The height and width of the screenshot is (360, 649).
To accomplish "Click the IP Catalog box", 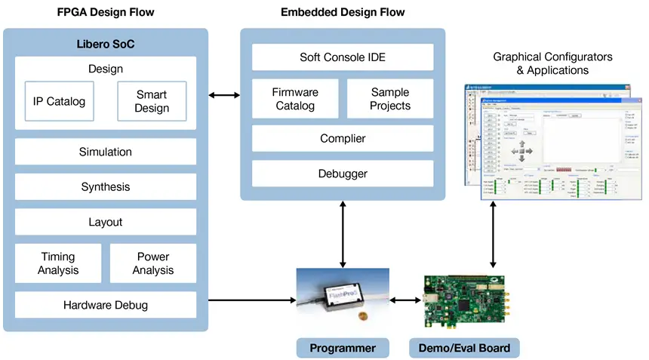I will pyautogui.click(x=59, y=101).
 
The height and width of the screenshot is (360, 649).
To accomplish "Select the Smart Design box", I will pyautogui.click(x=152, y=101).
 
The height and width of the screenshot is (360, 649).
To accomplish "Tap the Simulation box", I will pyautogui.click(x=106, y=152).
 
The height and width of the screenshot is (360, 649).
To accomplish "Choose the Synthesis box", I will pyautogui.click(x=106, y=187).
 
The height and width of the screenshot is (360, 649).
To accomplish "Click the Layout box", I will pyautogui.click(x=106, y=223).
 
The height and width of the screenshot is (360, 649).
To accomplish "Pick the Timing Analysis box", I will pyautogui.click(x=58, y=263).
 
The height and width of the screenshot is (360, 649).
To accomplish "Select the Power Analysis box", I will pyautogui.click(x=153, y=263).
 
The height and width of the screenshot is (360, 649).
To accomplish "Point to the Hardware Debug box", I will pyautogui.click(x=106, y=305).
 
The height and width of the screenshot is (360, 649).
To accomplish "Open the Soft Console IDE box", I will pyautogui.click(x=343, y=57).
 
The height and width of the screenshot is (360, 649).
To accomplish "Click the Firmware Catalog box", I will pyautogui.click(x=295, y=99).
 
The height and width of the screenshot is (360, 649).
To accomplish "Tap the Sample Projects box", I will pyautogui.click(x=390, y=99).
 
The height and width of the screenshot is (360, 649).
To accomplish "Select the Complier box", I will pyautogui.click(x=343, y=138).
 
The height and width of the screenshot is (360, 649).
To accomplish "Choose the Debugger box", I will pyautogui.click(x=343, y=174).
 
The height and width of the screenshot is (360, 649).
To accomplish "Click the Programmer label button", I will pyautogui.click(x=343, y=348).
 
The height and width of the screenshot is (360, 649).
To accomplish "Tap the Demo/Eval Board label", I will pyautogui.click(x=464, y=348).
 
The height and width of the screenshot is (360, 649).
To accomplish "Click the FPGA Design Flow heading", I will pyautogui.click(x=105, y=12).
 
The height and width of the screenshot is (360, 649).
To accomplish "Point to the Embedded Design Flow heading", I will pyautogui.click(x=343, y=12).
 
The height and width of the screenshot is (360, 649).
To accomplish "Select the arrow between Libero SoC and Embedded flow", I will pyautogui.click(x=224, y=95).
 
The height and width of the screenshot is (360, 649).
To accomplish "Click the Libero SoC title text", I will pyautogui.click(x=106, y=44).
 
